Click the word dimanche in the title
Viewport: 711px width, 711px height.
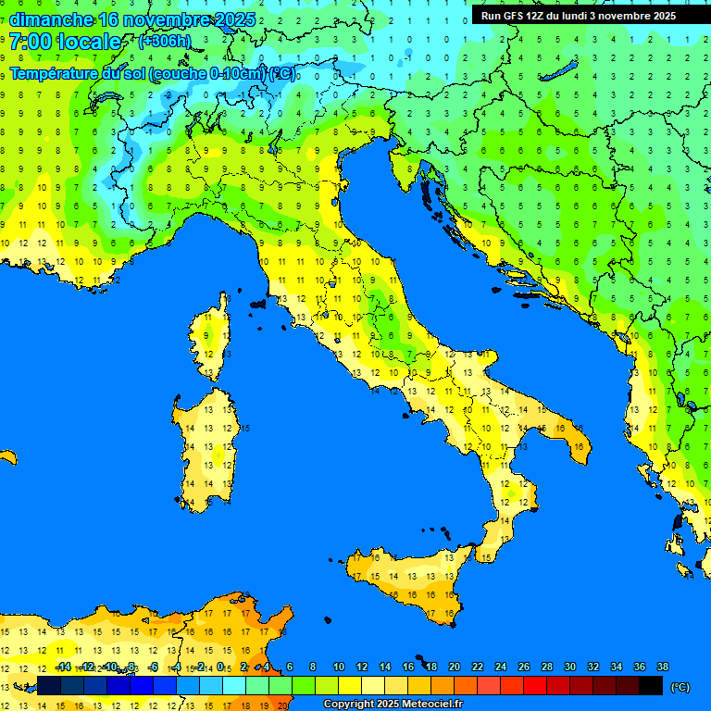pyautogui.click(x=51, y=19)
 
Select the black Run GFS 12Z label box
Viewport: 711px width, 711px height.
pyautogui.click(x=578, y=16)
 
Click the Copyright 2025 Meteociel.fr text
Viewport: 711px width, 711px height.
pyautogui.click(x=393, y=705)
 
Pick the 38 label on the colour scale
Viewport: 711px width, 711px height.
pyautogui.click(x=662, y=667)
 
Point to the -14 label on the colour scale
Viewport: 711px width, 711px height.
pyautogui.click(x=63, y=667)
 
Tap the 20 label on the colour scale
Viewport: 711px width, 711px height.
pyautogui.click(x=454, y=667)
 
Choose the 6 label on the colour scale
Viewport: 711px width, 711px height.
pyautogui.click(x=290, y=667)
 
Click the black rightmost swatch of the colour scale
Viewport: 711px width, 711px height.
pyautogui.click(x=651, y=686)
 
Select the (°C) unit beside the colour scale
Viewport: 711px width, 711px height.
pyautogui.click(x=680, y=687)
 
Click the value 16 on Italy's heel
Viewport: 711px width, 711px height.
pyautogui.click(x=579, y=447)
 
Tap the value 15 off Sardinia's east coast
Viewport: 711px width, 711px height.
pyautogui.click(x=245, y=429)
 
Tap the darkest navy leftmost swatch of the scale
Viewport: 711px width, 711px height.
pyautogui.click(x=49, y=686)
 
